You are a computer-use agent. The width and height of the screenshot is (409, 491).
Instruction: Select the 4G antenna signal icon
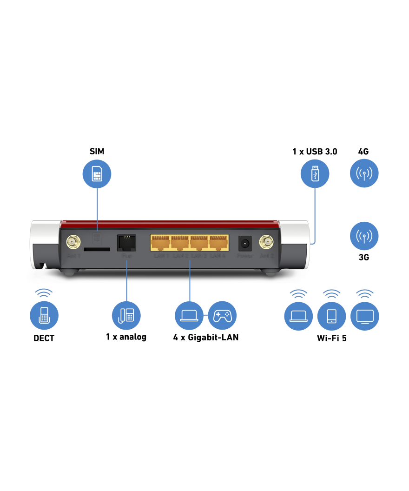pos(364,173)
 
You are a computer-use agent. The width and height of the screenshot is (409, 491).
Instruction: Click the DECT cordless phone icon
pos(44,316)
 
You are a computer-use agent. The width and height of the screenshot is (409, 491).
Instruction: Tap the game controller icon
pos(222,315)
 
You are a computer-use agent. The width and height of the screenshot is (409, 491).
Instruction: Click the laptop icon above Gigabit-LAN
pos(189,315)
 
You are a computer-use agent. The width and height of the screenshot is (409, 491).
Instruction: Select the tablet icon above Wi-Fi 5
pos(331,316)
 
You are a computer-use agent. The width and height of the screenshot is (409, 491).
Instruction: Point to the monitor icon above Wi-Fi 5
pos(364,316)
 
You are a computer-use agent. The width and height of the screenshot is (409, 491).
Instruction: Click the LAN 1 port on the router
pos(161,243)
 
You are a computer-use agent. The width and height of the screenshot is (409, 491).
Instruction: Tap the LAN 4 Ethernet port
pos(218,243)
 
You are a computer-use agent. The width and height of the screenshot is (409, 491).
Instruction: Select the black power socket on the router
pos(244,243)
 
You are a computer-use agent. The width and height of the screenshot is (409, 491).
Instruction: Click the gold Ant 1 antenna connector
pos(72,242)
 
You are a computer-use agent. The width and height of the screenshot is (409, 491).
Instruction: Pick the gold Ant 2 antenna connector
pos(267,242)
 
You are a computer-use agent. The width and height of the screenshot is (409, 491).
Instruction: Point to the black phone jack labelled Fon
pos(126,243)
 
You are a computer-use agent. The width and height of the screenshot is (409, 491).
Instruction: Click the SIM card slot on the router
pos(97,249)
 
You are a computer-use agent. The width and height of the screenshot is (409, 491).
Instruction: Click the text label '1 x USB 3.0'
pos(315,152)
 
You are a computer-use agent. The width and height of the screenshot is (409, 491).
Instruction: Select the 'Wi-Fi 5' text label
pos(331,338)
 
